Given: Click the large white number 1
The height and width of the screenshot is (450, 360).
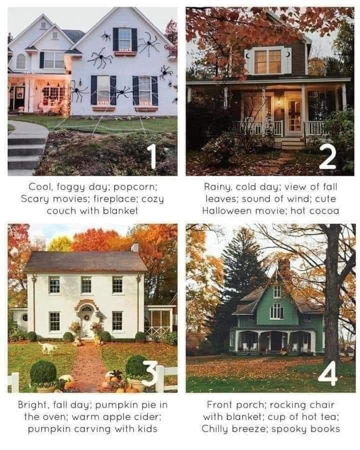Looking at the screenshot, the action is click(x=151, y=156).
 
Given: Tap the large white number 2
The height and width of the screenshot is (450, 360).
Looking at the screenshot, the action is click(x=327, y=156).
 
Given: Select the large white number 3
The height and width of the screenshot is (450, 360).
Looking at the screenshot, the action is click(x=149, y=373).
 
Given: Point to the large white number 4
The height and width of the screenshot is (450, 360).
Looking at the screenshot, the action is click(x=328, y=373).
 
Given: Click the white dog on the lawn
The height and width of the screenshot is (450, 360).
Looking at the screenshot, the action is click(x=47, y=347).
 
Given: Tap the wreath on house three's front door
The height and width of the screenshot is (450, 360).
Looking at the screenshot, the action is click(x=86, y=317).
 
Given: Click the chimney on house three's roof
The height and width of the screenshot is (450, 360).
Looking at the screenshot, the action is click(x=135, y=247).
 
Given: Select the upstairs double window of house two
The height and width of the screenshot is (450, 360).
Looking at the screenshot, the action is click(x=268, y=61).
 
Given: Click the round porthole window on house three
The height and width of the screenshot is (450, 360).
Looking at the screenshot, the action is click(x=24, y=317).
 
